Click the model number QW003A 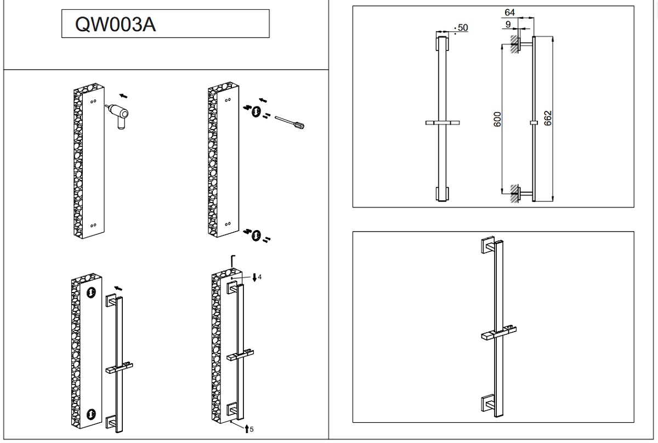coord(116,25)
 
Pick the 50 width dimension coord(462,27)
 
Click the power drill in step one coord(119,115)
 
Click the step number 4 coord(259,277)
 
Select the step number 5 coord(252,429)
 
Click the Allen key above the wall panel coord(232,261)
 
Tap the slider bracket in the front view coord(442,123)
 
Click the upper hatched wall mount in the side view coord(515,43)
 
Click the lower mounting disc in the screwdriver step coord(256,235)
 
